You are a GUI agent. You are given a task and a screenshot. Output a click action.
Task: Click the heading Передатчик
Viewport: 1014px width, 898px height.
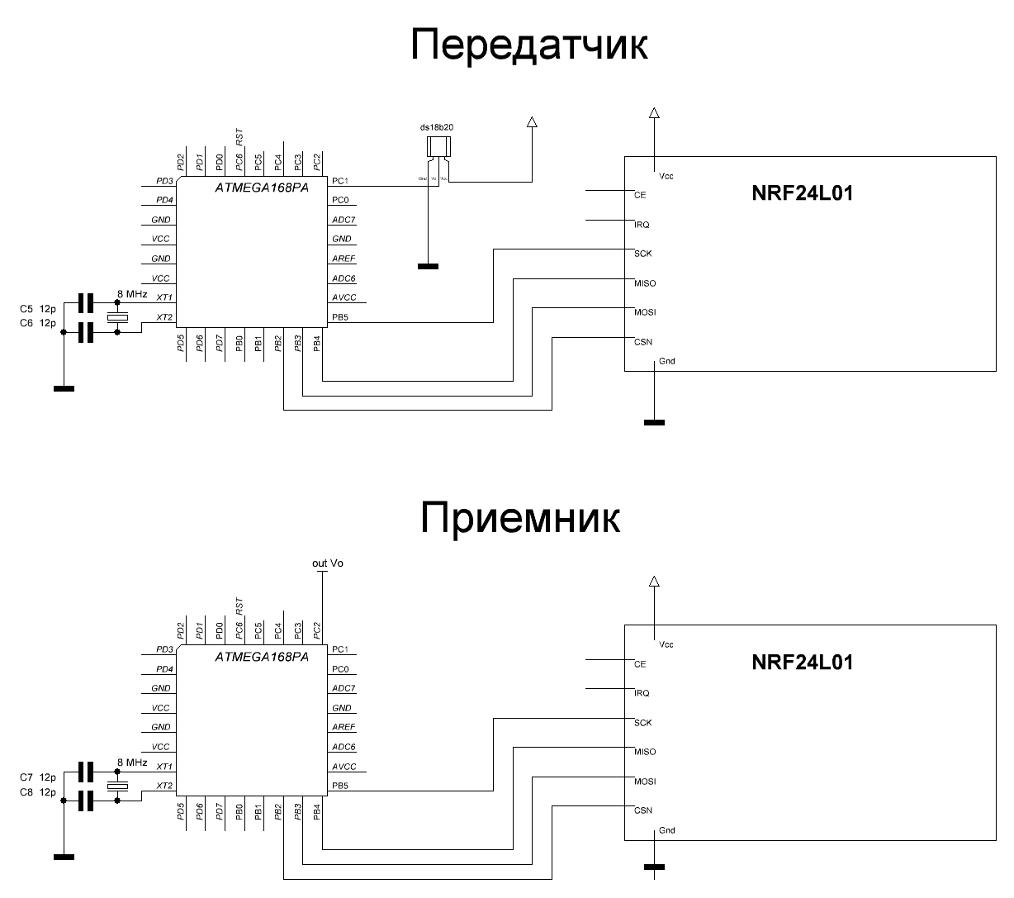[x=528, y=45]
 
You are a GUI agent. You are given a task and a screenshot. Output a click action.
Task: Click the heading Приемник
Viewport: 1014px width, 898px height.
[x=520, y=518]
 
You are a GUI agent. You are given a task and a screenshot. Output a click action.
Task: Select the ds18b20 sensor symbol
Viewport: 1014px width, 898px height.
[x=437, y=148]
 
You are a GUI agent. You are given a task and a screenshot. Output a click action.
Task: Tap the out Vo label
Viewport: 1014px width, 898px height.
[x=328, y=563]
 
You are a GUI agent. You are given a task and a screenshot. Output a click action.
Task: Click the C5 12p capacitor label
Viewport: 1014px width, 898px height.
[x=37, y=309]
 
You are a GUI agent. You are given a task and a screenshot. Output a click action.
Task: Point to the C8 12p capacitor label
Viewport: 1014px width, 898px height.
[x=37, y=792]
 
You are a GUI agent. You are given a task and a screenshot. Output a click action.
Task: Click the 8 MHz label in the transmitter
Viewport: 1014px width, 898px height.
[x=132, y=294]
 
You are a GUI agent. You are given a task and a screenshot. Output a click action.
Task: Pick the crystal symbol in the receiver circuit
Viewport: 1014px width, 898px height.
[x=118, y=784]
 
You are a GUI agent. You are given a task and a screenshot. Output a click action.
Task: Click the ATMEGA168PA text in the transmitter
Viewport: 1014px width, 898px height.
[x=262, y=189]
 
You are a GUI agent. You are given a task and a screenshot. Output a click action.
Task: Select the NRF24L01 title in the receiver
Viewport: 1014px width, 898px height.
[x=803, y=663]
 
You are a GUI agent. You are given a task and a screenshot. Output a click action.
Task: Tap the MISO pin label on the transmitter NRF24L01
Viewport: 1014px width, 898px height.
[x=645, y=283]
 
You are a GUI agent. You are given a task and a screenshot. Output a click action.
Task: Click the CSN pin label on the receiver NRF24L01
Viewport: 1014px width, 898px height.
[x=643, y=810]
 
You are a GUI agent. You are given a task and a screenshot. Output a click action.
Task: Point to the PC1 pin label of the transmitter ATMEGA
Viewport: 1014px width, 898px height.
[x=339, y=181]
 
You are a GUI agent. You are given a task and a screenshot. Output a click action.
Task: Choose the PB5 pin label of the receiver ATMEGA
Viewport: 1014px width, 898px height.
[x=339, y=786]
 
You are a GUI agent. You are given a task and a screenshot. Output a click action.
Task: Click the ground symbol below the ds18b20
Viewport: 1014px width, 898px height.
[x=428, y=266]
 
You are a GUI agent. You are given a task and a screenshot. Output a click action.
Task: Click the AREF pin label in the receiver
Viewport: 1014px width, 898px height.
[x=344, y=728]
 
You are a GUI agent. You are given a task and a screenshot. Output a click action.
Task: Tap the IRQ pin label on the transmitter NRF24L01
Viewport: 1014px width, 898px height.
[x=642, y=225]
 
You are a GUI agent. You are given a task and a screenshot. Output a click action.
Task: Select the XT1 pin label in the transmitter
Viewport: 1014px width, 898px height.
[x=164, y=298]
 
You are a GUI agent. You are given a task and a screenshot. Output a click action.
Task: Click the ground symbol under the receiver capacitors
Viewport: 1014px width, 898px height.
[x=64, y=857]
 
